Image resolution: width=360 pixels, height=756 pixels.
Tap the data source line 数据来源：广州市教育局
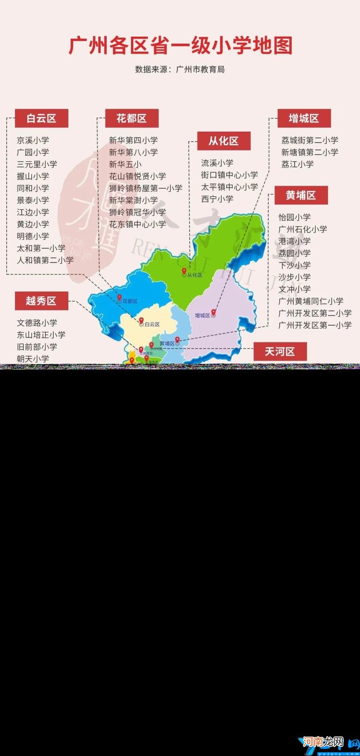point(180,70)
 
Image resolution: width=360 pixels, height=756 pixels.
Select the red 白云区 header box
point(41,118)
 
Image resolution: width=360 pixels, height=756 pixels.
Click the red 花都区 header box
point(132,118)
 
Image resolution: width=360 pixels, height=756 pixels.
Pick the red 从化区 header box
point(224,141)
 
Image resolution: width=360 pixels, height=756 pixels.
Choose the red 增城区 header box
point(304,118)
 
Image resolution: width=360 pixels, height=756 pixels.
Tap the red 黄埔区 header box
point(301,195)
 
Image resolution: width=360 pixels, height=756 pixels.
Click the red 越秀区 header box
point(41,301)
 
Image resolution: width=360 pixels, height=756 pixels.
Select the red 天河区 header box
point(280,352)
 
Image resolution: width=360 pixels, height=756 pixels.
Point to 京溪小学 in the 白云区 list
point(33,140)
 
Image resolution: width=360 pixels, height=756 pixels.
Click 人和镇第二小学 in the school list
point(45,260)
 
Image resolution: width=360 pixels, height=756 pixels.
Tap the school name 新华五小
point(125,165)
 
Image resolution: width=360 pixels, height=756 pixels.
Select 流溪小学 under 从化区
point(217,163)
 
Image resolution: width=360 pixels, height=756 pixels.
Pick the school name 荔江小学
point(297,165)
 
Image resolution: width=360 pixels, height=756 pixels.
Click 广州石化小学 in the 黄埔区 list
point(303,229)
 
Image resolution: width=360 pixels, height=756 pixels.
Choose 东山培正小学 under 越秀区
point(41,335)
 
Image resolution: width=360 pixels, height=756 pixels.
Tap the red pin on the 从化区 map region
point(184,271)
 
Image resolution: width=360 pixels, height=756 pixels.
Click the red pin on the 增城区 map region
point(214,312)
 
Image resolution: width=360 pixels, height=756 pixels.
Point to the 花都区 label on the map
point(130,301)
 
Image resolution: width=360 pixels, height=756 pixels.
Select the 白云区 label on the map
point(152,324)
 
